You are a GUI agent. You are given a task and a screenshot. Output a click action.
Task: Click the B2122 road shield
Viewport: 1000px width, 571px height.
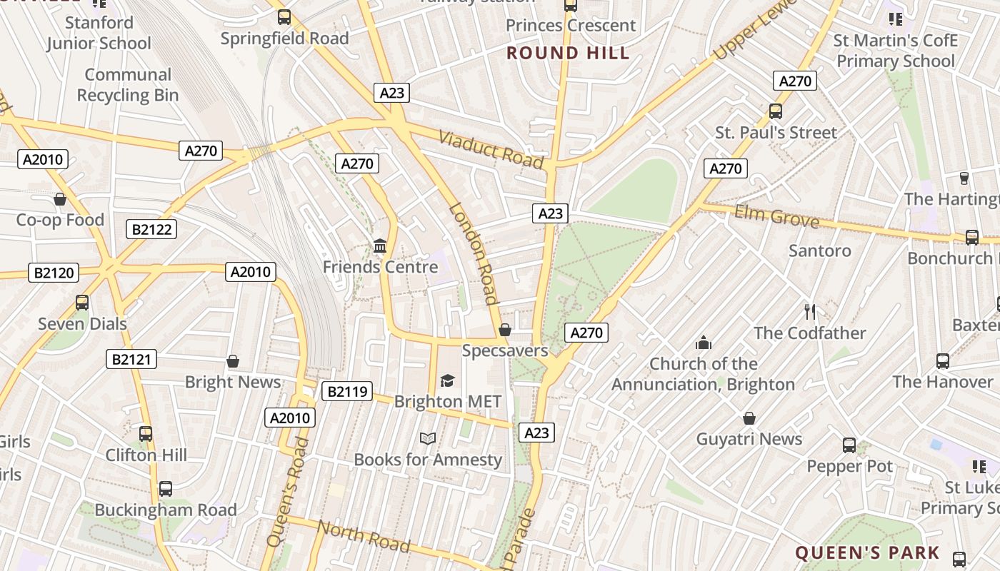tap(151, 229)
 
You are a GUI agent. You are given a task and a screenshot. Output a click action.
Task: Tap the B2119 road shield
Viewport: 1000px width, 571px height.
tap(347, 391)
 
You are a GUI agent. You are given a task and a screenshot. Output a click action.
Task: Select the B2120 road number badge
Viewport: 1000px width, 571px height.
tap(54, 273)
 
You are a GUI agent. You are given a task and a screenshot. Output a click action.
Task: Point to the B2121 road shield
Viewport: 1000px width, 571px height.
tap(131, 359)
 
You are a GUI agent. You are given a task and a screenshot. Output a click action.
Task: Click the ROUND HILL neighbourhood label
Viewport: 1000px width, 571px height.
tap(569, 53)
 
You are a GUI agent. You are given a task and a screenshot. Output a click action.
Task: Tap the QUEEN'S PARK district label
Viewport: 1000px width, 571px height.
tap(867, 552)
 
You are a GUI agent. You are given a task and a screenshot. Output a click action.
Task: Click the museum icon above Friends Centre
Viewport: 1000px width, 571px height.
tap(380, 246)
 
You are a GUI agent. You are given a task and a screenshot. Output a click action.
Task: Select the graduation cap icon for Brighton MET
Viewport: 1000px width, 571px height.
tap(447, 380)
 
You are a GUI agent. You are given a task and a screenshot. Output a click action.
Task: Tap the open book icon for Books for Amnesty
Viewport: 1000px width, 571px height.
tap(428, 438)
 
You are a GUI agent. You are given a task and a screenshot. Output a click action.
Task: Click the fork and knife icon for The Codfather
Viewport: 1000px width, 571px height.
tap(810, 312)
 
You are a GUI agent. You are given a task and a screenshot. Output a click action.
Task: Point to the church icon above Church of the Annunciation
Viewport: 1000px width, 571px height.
tap(704, 343)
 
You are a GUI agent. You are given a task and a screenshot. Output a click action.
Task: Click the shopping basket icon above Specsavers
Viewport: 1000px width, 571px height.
tap(505, 330)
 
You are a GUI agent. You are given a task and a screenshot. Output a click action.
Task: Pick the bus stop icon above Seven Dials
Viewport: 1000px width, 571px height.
tap(82, 303)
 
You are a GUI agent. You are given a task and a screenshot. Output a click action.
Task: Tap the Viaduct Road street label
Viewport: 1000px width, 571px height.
tap(491, 149)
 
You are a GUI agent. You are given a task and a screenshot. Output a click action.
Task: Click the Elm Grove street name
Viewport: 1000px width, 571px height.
tap(776, 216)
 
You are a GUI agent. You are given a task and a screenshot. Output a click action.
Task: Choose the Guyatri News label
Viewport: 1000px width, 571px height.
tap(749, 439)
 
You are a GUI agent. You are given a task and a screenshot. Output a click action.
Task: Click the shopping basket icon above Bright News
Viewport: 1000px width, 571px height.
tap(232, 361)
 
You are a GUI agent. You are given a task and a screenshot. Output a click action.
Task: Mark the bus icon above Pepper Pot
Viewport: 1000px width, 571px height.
tap(849, 445)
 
